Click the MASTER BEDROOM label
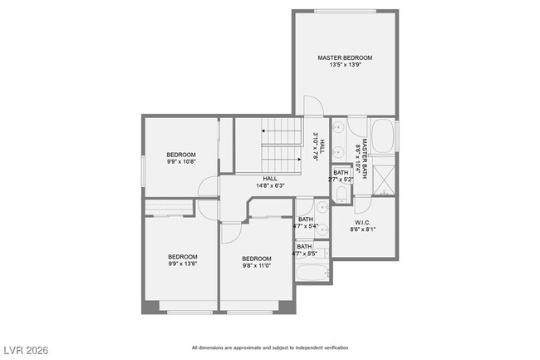(x=345, y=57)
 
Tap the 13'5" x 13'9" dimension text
(x=345, y=65)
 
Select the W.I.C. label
(x=362, y=222)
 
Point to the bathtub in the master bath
(x=383, y=136)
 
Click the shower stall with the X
(x=384, y=179)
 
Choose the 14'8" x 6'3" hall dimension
(x=270, y=185)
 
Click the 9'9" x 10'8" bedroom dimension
(x=181, y=162)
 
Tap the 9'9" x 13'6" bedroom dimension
(x=183, y=264)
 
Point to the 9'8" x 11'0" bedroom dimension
(x=257, y=266)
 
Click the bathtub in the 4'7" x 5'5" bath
(x=312, y=271)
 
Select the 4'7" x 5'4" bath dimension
(x=306, y=226)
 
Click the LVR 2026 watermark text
(x=25, y=350)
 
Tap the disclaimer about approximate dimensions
(x=270, y=348)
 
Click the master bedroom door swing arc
(x=312, y=106)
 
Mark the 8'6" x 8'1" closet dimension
(x=362, y=229)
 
